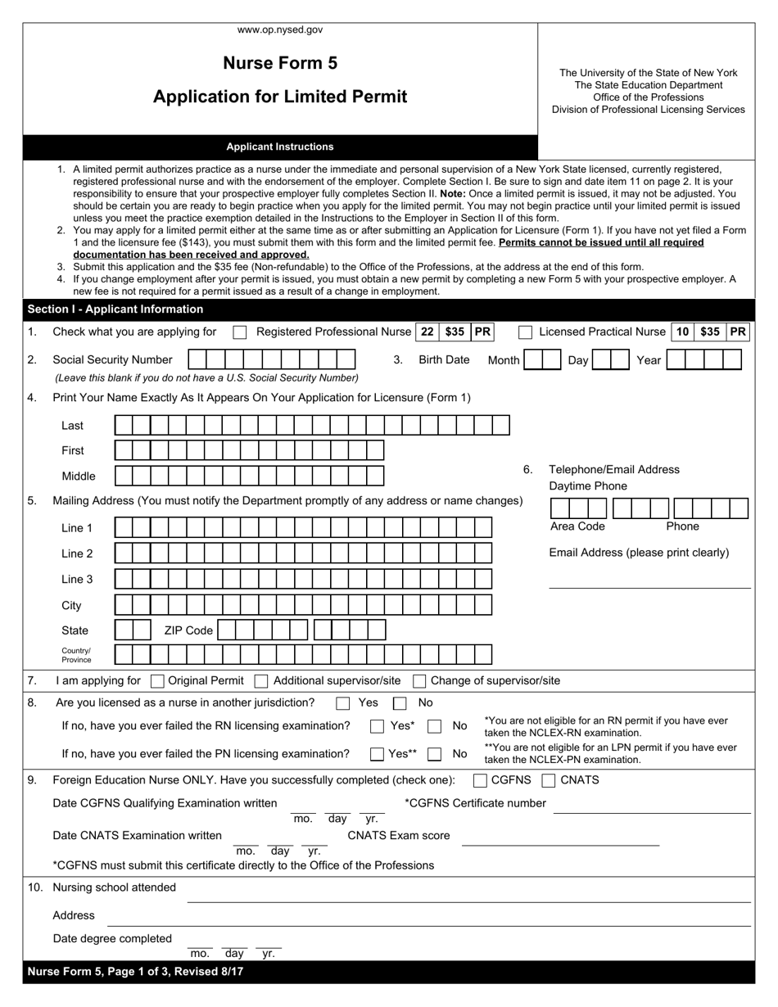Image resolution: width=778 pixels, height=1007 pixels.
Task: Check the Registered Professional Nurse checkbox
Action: coord(240,332)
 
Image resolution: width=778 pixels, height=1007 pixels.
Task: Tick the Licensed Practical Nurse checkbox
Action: coord(526,332)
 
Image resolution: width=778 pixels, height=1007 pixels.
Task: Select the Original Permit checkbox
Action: coord(159,681)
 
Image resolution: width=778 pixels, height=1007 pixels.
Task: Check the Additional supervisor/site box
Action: coord(261,681)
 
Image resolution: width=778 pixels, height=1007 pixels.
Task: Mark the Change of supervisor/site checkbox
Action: coord(419,681)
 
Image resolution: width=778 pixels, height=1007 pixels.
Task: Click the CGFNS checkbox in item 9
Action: coord(481,780)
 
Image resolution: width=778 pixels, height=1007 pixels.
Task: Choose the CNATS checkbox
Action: coord(550,780)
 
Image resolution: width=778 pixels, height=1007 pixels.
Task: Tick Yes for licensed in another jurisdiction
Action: coord(343,703)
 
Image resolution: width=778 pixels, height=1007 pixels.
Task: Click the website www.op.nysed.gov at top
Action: coord(280,29)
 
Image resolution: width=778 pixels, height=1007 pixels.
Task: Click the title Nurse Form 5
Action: coord(280,63)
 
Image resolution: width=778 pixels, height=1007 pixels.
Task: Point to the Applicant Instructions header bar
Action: coord(280,147)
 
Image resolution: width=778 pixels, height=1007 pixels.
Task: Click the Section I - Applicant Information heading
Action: coord(115,309)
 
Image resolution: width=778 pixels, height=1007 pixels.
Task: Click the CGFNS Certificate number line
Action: coord(652,806)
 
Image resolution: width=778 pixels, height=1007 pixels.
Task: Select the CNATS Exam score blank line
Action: coord(560,838)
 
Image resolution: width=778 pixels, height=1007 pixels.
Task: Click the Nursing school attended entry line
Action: coord(468,894)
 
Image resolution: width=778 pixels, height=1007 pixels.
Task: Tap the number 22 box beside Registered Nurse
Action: coord(427,332)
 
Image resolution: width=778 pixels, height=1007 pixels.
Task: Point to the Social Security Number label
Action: coord(112,359)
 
